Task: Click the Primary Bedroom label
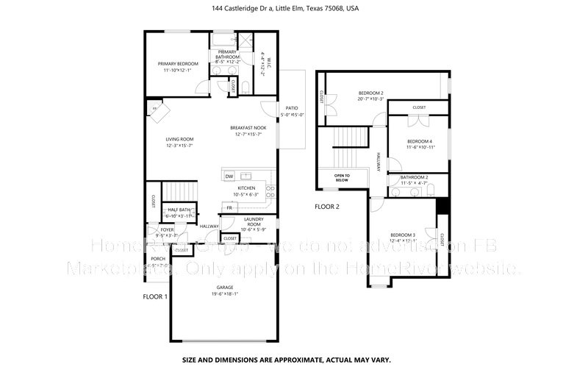179,64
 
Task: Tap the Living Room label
179,139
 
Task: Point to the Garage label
224,287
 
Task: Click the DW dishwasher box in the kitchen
229,177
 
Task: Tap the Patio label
290,108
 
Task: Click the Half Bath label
179,210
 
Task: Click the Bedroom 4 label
420,141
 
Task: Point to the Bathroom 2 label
414,177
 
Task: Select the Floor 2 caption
327,207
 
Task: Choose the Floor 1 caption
155,296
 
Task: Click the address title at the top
293,9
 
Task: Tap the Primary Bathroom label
227,54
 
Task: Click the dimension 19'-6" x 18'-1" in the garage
224,294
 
